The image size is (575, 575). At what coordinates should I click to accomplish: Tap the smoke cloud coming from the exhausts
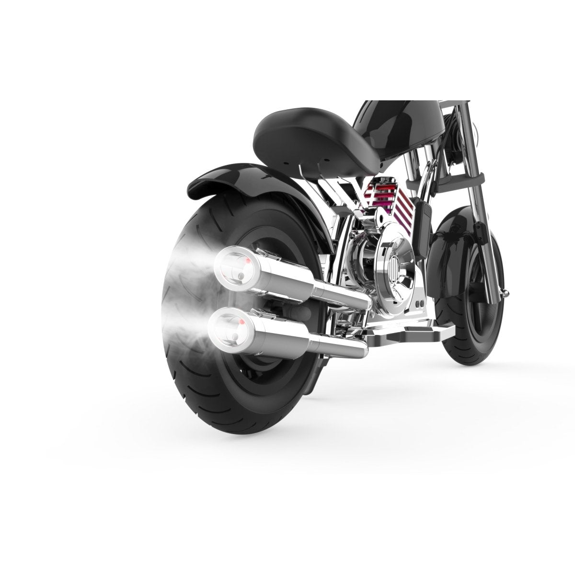pos(187,297)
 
